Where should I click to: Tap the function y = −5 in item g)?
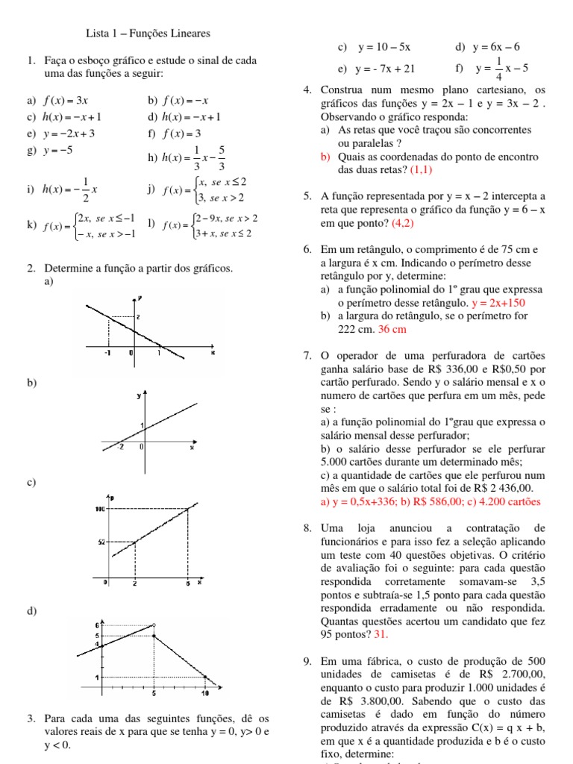pos(58,151)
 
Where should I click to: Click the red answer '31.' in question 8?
pos(381,634)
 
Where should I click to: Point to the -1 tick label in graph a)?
pos(107,352)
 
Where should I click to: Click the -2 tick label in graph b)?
pos(120,447)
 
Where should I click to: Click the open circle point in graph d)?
pos(154,625)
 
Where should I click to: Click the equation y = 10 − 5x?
pos(384,48)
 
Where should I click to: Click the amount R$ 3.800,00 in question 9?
pos(360,701)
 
